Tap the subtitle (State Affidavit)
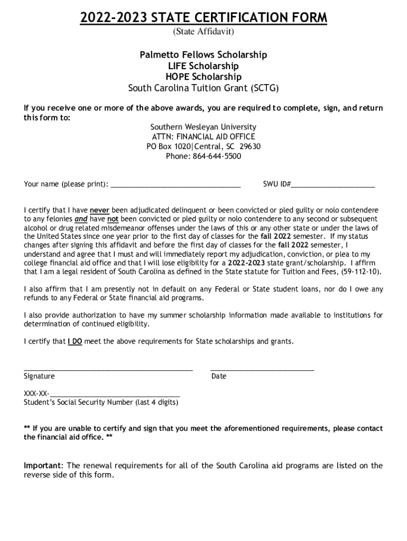[x=203, y=32]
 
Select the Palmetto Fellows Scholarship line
[x=203, y=55]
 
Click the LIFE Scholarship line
[x=203, y=66]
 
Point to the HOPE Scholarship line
[x=203, y=77]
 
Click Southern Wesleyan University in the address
[x=203, y=127]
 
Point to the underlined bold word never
[x=99, y=210]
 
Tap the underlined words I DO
[x=75, y=341]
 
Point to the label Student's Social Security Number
[x=101, y=403]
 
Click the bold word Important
[x=43, y=465]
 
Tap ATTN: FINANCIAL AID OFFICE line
[x=203, y=137]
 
